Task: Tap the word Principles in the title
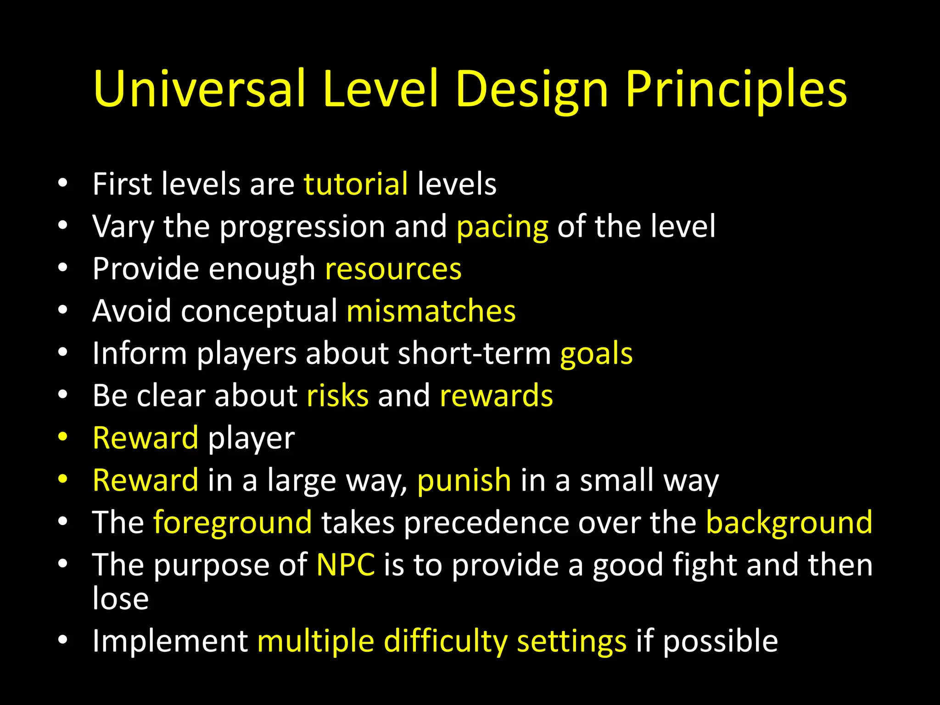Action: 736,90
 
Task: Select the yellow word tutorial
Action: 356,184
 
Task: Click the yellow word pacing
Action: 503,227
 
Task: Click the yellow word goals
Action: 596,354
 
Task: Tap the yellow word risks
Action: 337,395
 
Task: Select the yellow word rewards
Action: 496,395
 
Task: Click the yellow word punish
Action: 464,481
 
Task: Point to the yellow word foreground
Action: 232,523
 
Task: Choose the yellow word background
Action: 789,523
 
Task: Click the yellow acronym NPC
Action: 346,565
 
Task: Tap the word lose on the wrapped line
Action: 121,598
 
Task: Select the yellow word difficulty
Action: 445,641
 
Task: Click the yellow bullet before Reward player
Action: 63,437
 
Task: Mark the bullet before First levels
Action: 63,184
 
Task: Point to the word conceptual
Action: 259,312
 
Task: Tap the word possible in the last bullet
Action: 720,641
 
